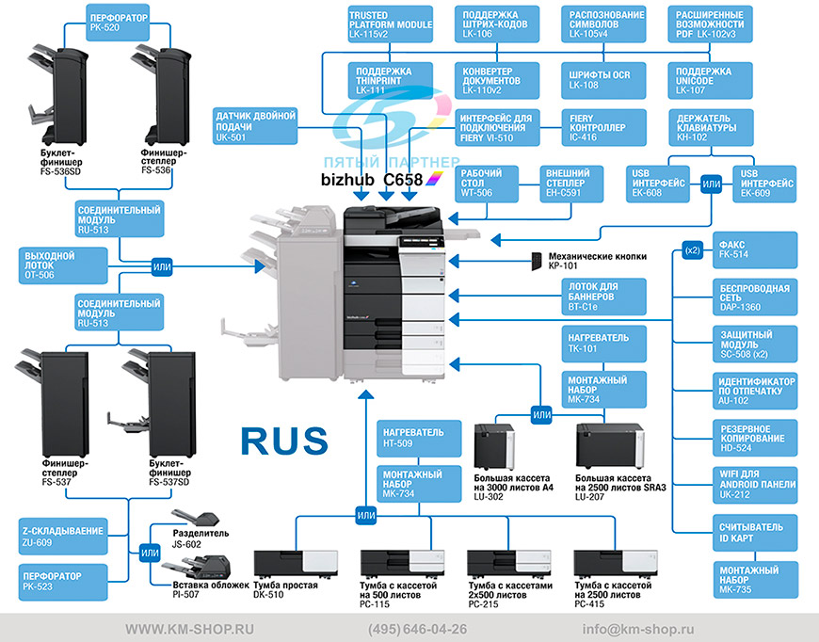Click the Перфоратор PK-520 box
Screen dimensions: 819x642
(x=118, y=23)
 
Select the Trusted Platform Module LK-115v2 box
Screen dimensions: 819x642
(x=390, y=24)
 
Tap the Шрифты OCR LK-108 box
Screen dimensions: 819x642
(x=603, y=80)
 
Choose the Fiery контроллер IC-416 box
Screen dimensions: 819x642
(x=603, y=127)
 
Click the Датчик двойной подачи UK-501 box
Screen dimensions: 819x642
(x=255, y=126)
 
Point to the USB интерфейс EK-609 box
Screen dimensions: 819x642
(x=764, y=184)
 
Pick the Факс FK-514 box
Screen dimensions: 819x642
(x=755, y=249)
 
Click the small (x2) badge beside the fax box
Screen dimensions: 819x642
(x=692, y=250)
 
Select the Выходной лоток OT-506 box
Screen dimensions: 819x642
(x=63, y=265)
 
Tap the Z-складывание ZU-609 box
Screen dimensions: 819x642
(x=63, y=537)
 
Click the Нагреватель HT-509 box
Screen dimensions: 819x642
(x=419, y=439)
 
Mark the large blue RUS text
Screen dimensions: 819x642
(x=284, y=441)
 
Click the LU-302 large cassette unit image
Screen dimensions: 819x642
(x=494, y=446)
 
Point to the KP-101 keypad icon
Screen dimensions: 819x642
(x=537, y=261)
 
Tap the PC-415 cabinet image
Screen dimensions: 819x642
(x=616, y=564)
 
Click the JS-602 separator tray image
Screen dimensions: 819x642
(x=196, y=518)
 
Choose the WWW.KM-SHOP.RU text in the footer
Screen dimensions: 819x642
(x=189, y=630)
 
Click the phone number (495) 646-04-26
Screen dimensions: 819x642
(x=417, y=630)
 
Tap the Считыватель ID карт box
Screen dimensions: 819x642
(x=755, y=533)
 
